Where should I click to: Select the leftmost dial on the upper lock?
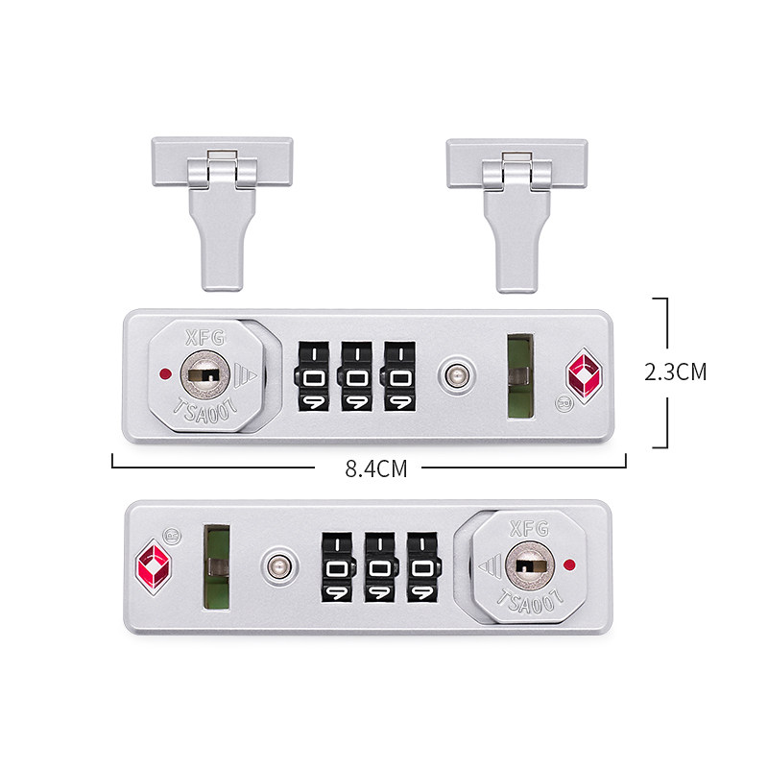[x=312, y=376]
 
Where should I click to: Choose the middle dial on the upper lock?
[x=356, y=376]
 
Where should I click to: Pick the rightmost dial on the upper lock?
[x=399, y=376]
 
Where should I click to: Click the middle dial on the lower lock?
[x=380, y=568]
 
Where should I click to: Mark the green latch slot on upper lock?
[x=519, y=376]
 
